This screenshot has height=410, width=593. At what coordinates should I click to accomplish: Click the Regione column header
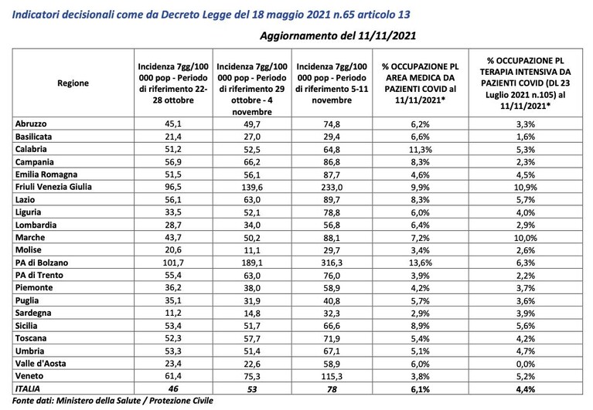coord(73,83)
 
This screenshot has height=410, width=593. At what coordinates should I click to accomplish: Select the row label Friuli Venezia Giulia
coord(53,187)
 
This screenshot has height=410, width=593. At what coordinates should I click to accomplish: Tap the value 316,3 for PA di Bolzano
coord(332,263)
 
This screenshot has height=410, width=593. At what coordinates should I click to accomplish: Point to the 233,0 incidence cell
coord(332,188)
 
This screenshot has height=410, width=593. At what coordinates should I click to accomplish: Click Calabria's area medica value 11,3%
coord(420,150)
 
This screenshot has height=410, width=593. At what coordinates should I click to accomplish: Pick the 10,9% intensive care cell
coord(526,188)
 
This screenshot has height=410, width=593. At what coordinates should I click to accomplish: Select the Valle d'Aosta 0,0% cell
coord(526,364)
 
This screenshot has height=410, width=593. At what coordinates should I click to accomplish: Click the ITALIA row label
coord(28,388)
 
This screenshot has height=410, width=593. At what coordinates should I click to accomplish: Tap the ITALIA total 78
coord(332,389)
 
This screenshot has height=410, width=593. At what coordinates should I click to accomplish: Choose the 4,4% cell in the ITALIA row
coord(526,389)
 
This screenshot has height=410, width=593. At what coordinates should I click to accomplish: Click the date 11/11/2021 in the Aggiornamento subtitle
coord(387,36)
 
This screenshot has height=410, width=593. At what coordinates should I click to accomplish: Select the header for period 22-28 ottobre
coord(173,83)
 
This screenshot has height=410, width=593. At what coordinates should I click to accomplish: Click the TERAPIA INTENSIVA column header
coord(525,83)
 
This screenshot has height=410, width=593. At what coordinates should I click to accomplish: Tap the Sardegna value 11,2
coord(173,313)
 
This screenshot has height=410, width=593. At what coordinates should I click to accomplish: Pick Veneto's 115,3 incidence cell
coord(332,376)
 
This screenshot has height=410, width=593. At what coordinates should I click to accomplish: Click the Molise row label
coord(29,250)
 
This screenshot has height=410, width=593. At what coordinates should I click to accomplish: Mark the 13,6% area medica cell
coord(420,263)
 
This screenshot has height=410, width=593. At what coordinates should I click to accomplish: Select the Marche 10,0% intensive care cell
coord(526,238)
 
